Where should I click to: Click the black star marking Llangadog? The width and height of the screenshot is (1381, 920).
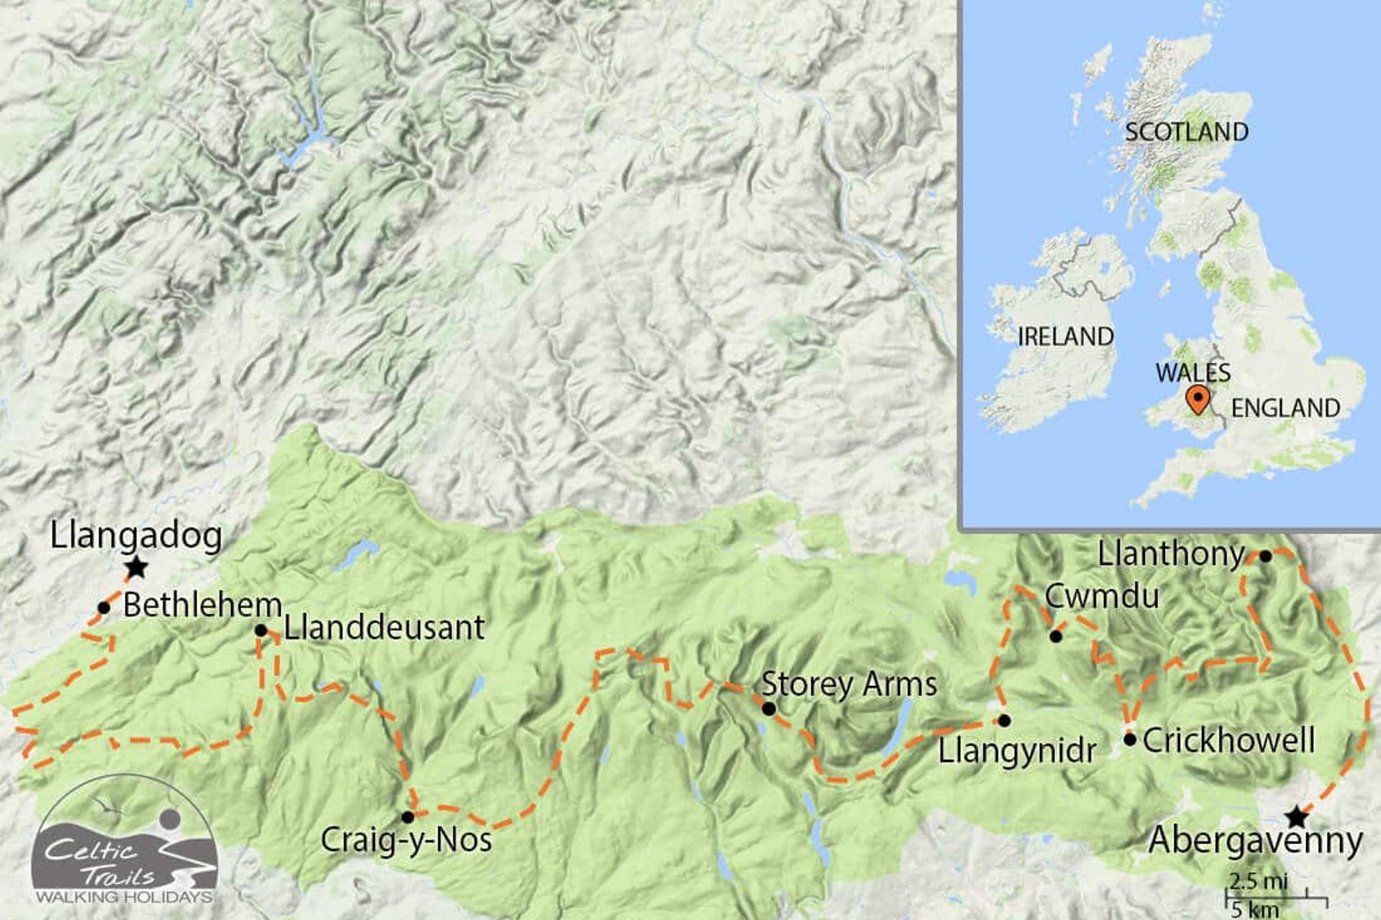click(x=136, y=569)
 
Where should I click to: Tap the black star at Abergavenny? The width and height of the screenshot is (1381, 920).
click(x=1296, y=817)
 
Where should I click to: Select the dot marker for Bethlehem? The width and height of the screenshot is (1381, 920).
click(x=104, y=608)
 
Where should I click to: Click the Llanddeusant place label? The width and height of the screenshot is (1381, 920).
click(x=384, y=627)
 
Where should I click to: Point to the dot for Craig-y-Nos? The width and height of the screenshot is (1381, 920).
click(x=407, y=817)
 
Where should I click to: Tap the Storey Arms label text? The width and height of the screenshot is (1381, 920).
click(x=849, y=684)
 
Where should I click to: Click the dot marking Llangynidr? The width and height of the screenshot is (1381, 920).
click(x=1004, y=720)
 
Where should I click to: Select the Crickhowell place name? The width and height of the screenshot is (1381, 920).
click(x=1229, y=740)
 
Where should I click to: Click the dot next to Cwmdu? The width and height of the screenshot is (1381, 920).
click(x=1055, y=636)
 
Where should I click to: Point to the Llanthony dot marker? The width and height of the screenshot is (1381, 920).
click(x=1265, y=556)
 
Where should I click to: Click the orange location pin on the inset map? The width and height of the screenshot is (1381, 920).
click(x=1197, y=399)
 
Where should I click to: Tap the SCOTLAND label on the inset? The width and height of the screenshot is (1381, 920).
click(x=1186, y=132)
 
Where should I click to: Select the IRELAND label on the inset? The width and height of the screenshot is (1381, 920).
click(x=1065, y=336)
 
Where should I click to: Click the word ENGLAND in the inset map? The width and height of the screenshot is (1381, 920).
click(x=1285, y=408)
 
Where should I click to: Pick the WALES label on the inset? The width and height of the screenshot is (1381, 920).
click(x=1193, y=372)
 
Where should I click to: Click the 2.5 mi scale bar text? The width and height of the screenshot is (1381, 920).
click(x=1258, y=881)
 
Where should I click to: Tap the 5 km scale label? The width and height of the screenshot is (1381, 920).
click(x=1254, y=908)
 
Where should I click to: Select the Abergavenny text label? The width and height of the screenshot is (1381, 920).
click(x=1255, y=841)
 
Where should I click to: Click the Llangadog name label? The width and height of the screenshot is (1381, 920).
click(x=136, y=536)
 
